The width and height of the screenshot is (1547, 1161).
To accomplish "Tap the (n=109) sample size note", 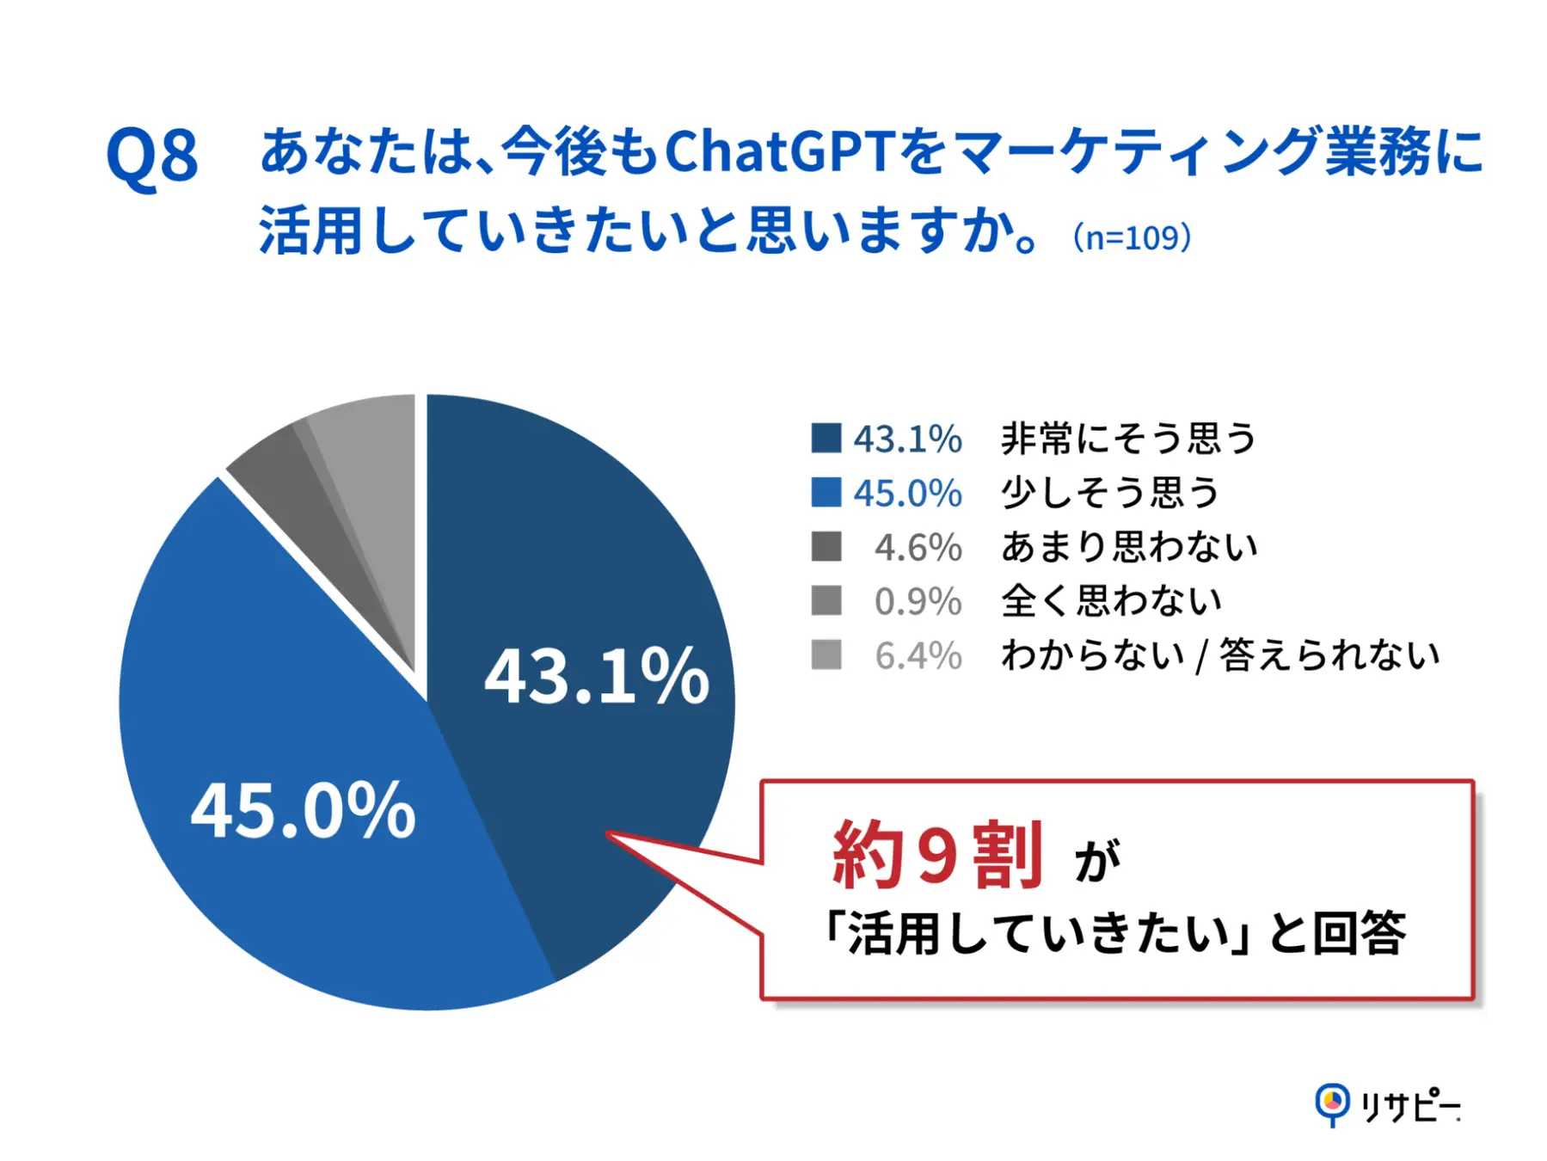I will click(1132, 237).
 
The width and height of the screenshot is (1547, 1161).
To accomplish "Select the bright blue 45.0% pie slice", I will click(284, 705).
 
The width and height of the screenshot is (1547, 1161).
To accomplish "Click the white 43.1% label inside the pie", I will click(597, 678).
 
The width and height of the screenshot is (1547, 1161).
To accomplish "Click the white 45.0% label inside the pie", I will click(303, 811).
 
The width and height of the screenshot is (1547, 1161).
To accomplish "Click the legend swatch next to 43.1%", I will click(826, 438).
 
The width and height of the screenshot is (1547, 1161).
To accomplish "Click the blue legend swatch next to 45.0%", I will click(826, 492).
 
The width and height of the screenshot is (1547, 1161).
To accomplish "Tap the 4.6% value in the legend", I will click(918, 547).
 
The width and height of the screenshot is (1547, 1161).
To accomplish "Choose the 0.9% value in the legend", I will click(918, 601).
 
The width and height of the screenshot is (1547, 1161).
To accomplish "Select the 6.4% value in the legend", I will click(918, 655).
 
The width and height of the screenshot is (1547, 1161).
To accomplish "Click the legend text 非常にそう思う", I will click(1128, 438).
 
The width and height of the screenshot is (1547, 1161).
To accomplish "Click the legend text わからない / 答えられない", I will click(1219, 655).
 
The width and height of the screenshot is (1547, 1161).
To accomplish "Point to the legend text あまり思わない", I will click(1128, 547).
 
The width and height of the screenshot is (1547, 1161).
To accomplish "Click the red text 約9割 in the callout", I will click(937, 855).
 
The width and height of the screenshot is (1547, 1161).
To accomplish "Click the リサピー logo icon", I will click(1332, 1103).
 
